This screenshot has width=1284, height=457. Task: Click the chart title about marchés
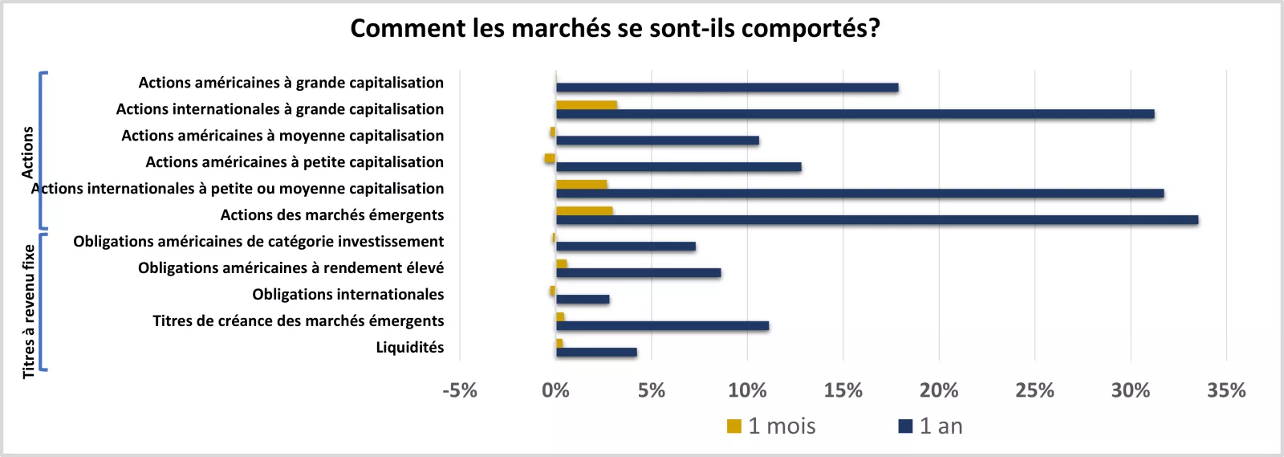click(x=615, y=28)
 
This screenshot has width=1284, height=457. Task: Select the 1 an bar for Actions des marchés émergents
click(x=876, y=220)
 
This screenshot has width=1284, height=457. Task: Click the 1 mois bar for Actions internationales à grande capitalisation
click(x=586, y=104)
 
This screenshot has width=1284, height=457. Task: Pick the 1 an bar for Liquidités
click(x=596, y=352)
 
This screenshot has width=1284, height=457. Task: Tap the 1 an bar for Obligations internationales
click(x=583, y=300)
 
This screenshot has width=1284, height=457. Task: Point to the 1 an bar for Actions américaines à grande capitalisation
click(x=727, y=88)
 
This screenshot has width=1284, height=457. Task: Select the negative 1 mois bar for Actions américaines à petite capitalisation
click(x=550, y=158)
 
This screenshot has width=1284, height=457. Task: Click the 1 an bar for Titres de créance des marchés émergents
click(x=662, y=326)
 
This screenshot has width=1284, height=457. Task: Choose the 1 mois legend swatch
click(x=734, y=426)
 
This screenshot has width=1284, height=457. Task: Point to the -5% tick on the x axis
click(x=460, y=390)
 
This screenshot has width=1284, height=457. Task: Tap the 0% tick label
click(x=555, y=390)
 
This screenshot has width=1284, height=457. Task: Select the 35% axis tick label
click(x=1226, y=390)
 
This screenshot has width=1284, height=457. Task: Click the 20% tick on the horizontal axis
click(x=939, y=390)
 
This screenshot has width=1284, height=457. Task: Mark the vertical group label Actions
click(x=28, y=152)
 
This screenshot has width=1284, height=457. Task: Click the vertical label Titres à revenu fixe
click(x=29, y=311)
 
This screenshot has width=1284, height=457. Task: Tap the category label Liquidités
click(x=409, y=347)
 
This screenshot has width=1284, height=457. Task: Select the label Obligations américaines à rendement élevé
click(x=291, y=267)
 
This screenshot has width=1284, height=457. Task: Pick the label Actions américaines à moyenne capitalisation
click(x=282, y=135)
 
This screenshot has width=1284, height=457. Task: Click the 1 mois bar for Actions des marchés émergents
click(x=584, y=211)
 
